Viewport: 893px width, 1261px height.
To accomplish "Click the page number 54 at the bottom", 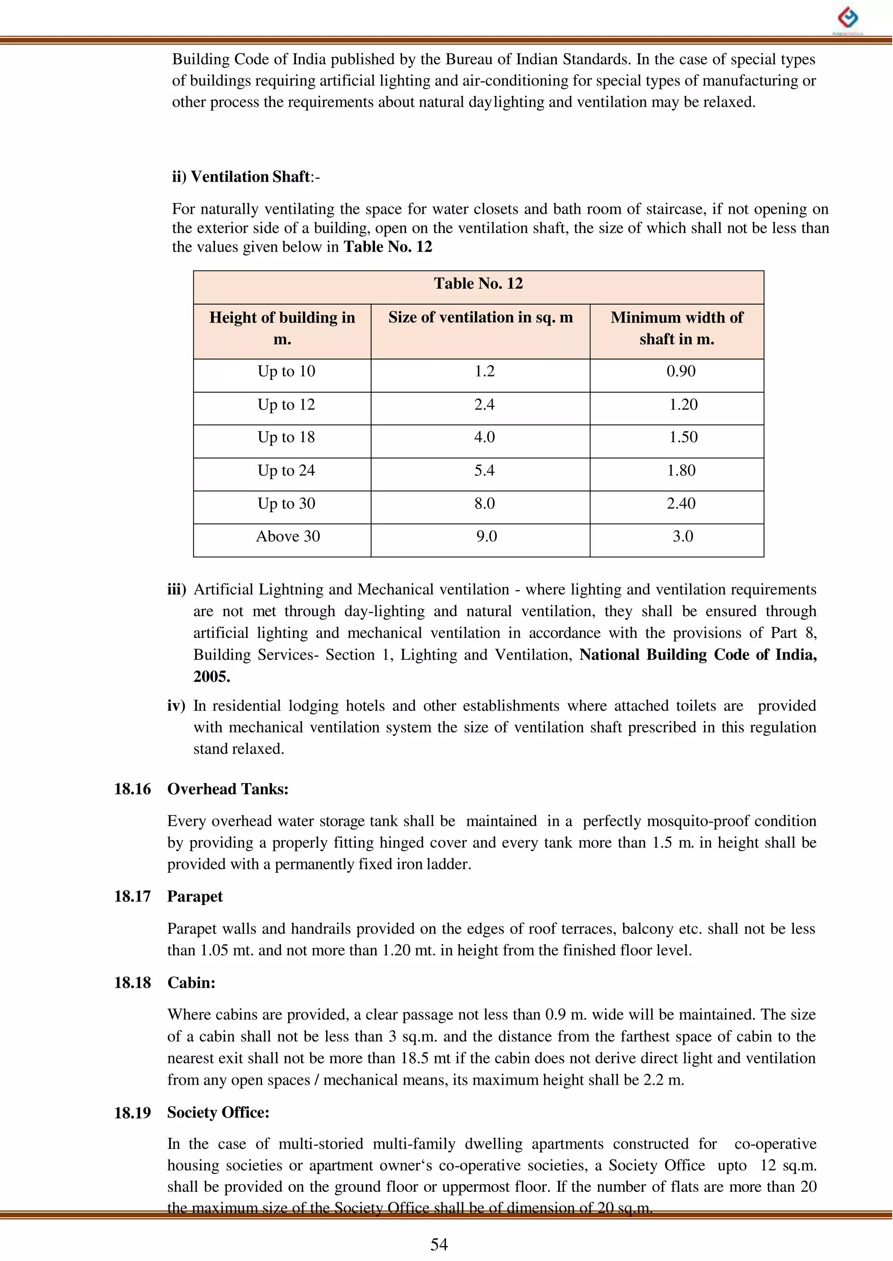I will click(439, 1244).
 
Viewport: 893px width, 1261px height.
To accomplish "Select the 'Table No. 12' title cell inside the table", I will click(478, 284).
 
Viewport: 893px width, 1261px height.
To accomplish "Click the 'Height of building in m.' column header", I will click(282, 328).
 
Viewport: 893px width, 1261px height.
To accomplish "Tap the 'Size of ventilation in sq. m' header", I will click(480, 318).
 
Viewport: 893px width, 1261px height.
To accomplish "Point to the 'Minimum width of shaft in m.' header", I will click(676, 328).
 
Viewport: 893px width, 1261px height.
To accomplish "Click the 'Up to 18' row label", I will click(286, 437).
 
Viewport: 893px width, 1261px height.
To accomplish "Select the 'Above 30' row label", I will click(288, 536).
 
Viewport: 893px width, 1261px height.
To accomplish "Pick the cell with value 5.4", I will click(484, 470).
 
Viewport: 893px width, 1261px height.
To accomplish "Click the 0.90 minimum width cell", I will click(681, 371).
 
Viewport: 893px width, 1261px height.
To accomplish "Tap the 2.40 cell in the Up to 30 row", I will click(681, 503).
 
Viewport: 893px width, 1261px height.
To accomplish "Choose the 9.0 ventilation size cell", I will click(486, 536).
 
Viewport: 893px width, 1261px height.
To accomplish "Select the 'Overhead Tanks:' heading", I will click(228, 789).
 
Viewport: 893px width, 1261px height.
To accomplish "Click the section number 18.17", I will click(132, 897).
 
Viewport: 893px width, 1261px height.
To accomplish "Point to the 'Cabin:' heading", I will click(191, 983).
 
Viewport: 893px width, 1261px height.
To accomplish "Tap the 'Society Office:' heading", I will click(218, 1113).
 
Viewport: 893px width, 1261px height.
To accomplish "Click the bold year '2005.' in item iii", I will click(212, 676).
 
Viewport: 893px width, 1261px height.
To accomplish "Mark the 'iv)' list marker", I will click(176, 706).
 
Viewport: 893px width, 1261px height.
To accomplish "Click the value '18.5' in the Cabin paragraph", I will click(415, 1058).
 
